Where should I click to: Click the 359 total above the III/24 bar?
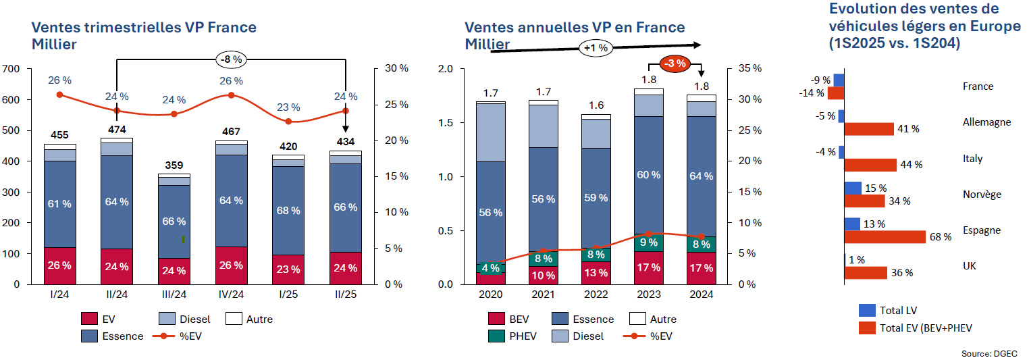(x=174, y=165)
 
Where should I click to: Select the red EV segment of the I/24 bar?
(x=59, y=265)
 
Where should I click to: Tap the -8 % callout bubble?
(x=231, y=59)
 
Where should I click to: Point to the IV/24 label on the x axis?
(x=231, y=295)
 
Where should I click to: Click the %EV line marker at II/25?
(x=345, y=111)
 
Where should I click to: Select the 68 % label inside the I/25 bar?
(x=288, y=209)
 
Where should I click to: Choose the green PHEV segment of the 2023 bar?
(x=647, y=242)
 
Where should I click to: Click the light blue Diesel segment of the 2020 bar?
(x=491, y=132)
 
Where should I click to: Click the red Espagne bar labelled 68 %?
(x=885, y=236)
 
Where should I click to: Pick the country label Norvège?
(x=981, y=195)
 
